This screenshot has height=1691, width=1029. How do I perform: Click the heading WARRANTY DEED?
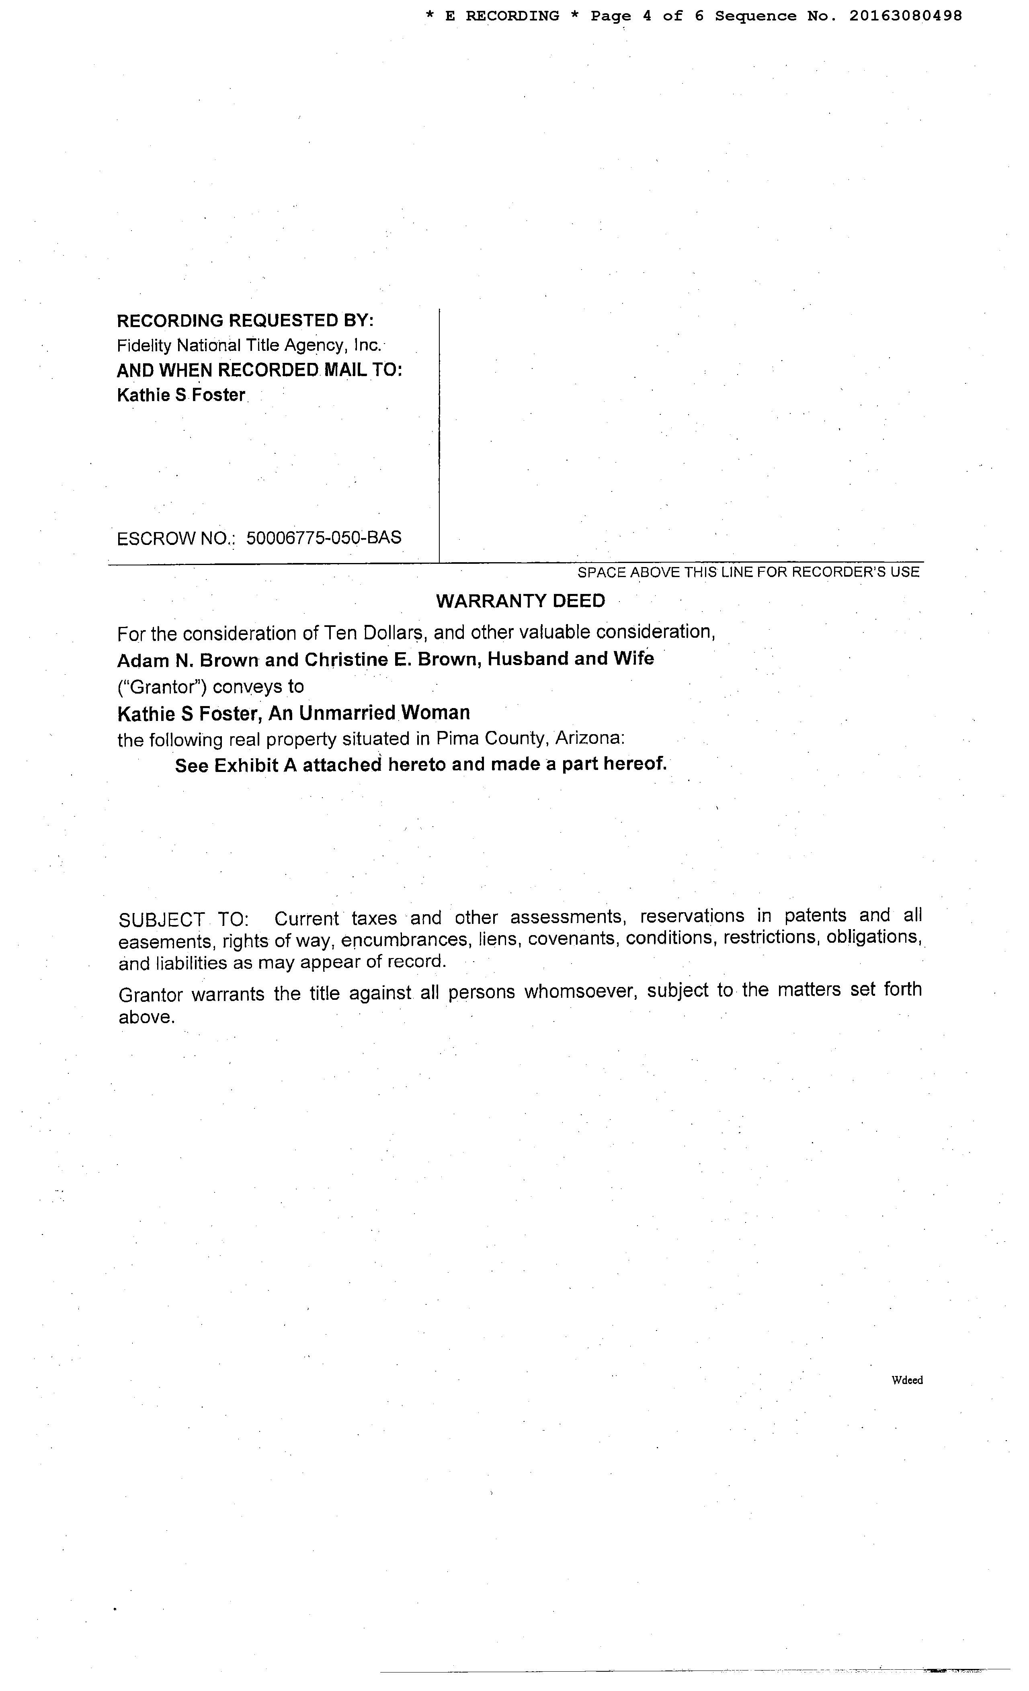coord(521,601)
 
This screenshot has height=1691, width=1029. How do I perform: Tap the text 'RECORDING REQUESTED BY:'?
coord(245,321)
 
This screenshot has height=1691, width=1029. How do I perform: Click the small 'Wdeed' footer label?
coord(907,1380)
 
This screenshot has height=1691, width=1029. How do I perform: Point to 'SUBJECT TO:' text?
coord(184,919)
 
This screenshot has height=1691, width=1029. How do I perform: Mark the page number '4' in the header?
coord(647,16)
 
